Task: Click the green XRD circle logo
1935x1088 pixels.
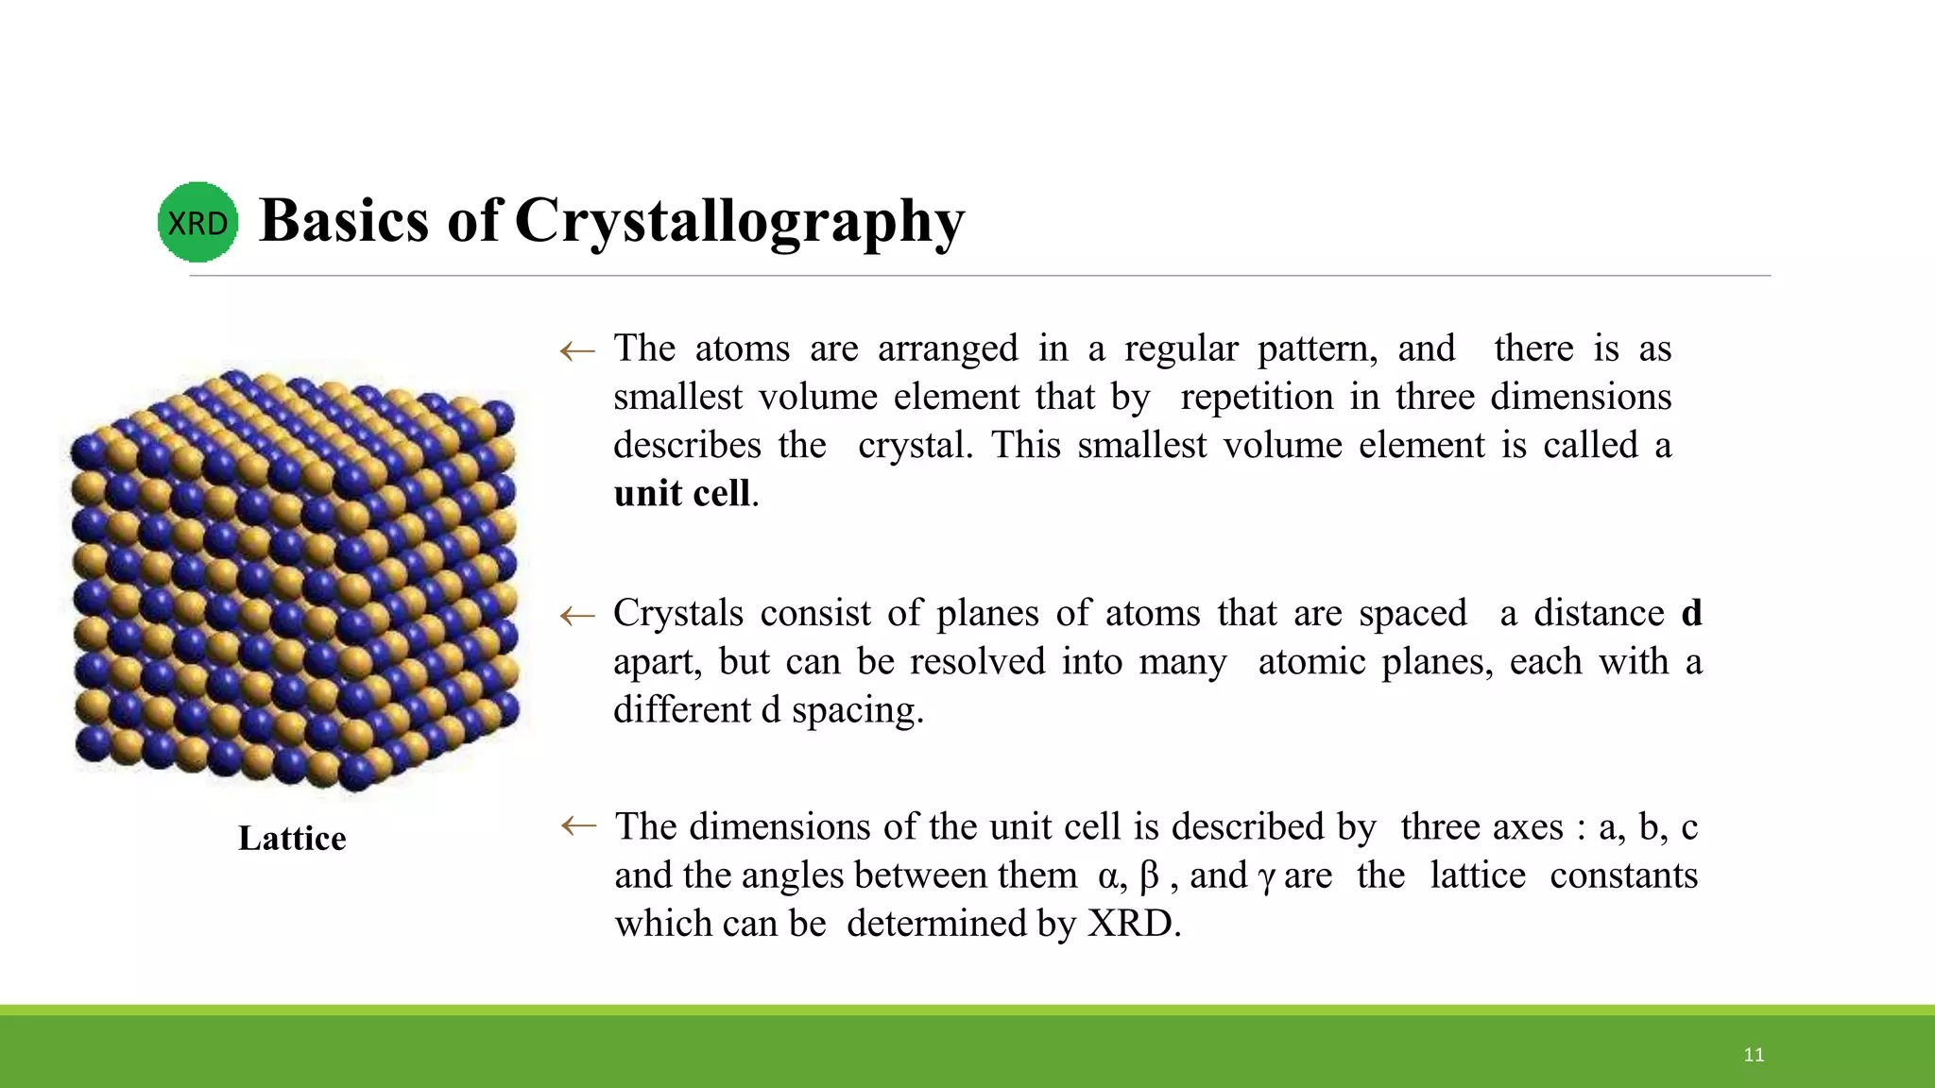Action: (197, 223)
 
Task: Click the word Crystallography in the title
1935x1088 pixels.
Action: (739, 221)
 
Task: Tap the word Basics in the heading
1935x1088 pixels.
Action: (344, 221)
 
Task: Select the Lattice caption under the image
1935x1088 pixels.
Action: (292, 839)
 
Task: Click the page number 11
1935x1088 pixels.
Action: (1754, 1055)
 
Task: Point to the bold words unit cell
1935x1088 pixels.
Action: (682, 494)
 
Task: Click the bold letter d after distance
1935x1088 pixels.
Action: (1691, 614)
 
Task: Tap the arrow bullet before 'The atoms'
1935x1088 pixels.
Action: (577, 352)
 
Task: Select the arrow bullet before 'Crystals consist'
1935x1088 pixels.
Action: (577, 617)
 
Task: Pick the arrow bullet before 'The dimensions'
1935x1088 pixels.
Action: (577, 826)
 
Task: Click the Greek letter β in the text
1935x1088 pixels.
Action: (1149, 876)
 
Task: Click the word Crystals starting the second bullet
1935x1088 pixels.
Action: (678, 614)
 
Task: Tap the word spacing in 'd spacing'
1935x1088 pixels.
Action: (856, 711)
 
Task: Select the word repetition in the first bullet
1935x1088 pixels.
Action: (1257, 398)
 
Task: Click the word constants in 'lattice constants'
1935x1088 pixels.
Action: (1623, 875)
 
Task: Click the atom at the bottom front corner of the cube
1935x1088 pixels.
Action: (356, 772)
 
